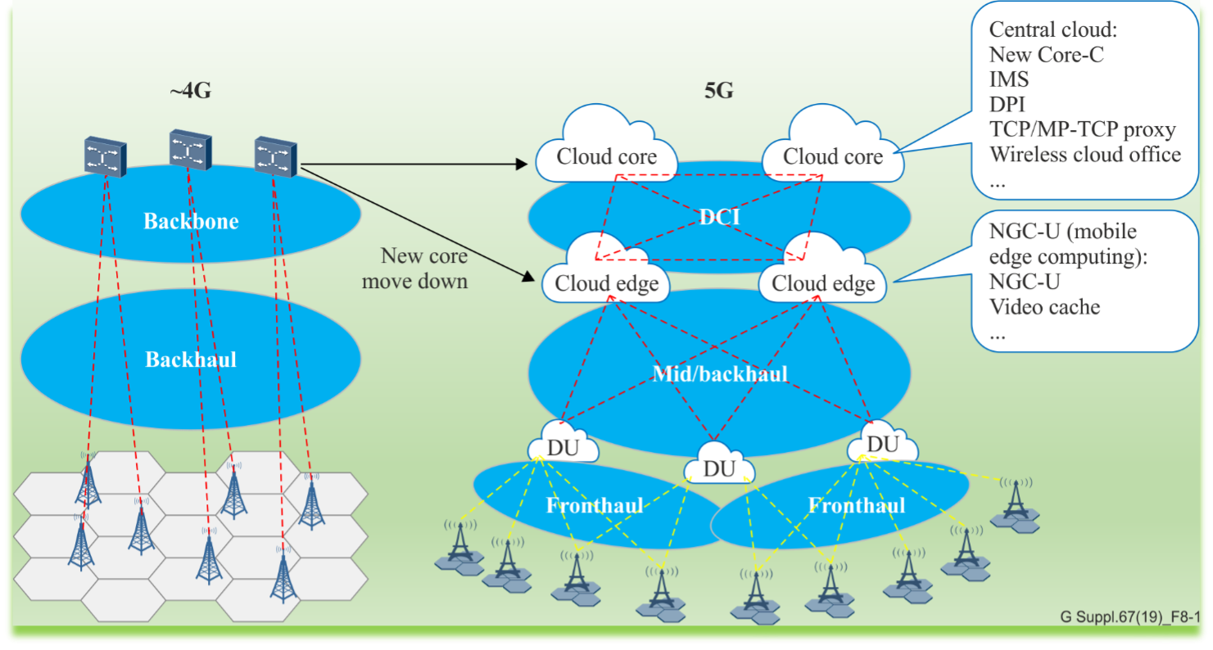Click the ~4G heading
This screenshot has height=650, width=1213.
pos(190,91)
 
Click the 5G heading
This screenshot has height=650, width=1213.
pos(718,91)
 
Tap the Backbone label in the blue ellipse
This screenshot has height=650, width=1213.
pos(191,221)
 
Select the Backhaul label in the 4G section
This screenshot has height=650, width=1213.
pos(191,359)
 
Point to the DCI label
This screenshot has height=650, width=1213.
pos(720,216)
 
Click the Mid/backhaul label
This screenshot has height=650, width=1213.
pos(720,374)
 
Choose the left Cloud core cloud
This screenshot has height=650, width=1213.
pos(607,156)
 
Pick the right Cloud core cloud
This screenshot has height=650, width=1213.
pos(833,156)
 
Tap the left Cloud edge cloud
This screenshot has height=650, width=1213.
pos(607,283)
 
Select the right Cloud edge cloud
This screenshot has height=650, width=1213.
pos(823,283)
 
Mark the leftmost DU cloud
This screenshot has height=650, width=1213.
pos(563,448)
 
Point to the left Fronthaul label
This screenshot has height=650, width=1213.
pos(595,505)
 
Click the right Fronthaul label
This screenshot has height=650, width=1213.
pos(857,505)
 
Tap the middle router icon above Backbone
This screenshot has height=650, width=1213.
pos(190,151)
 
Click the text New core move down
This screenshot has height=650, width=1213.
pos(424,269)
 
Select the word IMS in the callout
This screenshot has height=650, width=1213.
pos(1009,80)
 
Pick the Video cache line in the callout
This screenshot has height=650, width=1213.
pos(1044,307)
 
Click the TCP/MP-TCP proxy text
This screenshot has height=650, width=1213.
pos(1082,129)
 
